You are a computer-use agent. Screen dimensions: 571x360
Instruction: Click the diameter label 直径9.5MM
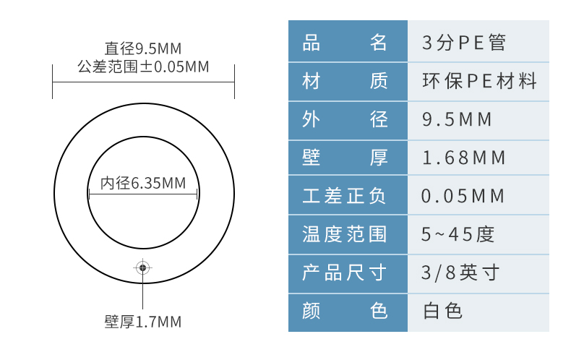(x=143, y=49)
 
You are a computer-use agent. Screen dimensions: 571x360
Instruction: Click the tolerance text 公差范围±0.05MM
(x=143, y=67)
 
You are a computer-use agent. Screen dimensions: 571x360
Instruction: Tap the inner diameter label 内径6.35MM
(x=143, y=184)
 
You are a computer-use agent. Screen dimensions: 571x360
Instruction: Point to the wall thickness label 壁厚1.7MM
(x=143, y=322)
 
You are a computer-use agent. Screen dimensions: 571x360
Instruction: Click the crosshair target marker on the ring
(x=143, y=268)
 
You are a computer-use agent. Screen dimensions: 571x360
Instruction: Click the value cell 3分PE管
(x=464, y=42)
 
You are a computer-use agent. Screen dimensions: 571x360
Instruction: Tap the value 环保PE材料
(x=480, y=80)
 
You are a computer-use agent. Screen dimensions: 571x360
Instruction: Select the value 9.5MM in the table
(x=457, y=119)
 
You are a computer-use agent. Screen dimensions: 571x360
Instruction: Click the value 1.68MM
(x=464, y=157)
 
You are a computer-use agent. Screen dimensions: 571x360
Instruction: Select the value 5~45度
(x=458, y=233)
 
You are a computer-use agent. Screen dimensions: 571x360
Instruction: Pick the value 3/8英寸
(x=460, y=273)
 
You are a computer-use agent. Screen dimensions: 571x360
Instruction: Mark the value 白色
(x=442, y=311)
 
